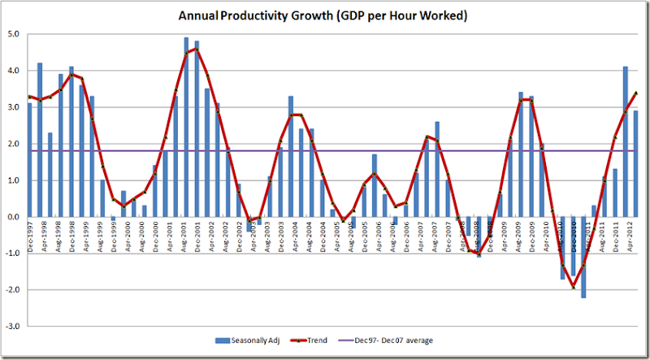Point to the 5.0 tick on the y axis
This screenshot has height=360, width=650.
coord(13,34)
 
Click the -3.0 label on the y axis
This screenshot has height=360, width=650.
coord(12,326)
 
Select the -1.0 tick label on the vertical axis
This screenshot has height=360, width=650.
coord(12,253)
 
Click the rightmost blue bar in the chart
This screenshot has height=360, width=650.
coord(635,163)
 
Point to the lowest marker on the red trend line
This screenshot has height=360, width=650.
coord(573,286)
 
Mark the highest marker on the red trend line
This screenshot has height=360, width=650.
coord(197,49)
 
